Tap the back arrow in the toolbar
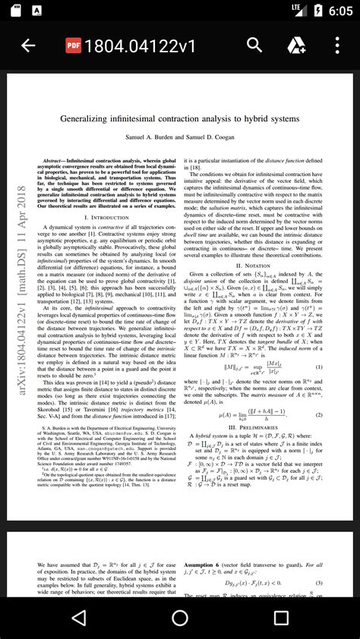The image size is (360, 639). pyautogui.click(x=28, y=46)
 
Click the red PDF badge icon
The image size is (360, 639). pyautogui.click(x=74, y=46)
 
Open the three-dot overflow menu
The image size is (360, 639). pyautogui.click(x=337, y=46)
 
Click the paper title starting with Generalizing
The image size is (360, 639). pyautogui.click(x=179, y=119)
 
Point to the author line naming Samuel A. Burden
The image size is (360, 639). pyautogui.click(x=179, y=137)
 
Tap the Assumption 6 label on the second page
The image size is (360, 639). pyautogui.click(x=209, y=565)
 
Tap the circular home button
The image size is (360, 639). pyautogui.click(x=180, y=618)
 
